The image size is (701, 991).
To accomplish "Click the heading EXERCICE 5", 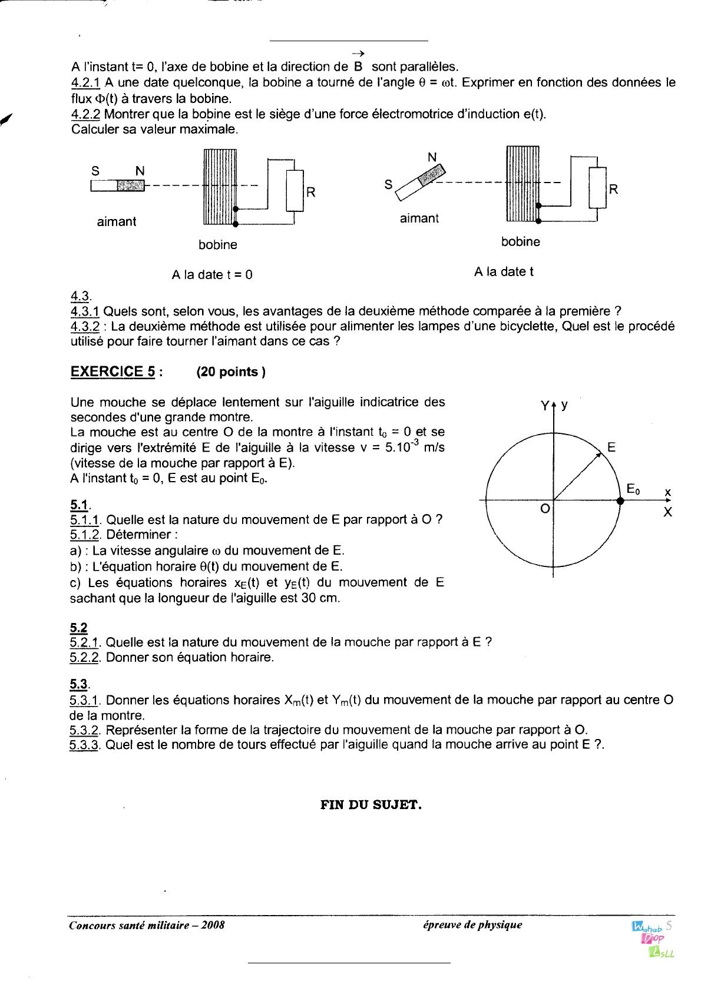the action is coord(113,372).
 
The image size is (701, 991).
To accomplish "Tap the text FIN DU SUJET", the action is coord(371,805).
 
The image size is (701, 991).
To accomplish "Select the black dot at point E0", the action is coord(620,501).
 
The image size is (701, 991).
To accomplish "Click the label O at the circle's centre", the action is coord(545,509).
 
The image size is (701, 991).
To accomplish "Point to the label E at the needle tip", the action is coord(611,448).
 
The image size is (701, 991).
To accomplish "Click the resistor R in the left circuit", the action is coord(295,191).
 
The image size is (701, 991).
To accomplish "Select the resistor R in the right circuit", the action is coord(597,188).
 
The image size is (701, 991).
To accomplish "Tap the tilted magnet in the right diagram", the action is coord(420,183).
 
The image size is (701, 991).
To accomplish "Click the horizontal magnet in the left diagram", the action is coord(118,185).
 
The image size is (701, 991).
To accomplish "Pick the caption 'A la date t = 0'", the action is coord(212,275).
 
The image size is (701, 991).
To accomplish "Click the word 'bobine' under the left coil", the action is coord(218,244).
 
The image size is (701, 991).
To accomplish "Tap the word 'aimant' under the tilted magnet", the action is coord(419,218).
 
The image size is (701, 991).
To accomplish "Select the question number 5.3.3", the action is coord(84,745).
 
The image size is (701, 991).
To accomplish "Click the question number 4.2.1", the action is coord(85,82).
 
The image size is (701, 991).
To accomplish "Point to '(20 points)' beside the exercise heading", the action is coord(231,372).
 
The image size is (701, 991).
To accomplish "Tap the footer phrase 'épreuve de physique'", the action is coord(472,924).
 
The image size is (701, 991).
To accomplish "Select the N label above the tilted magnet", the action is coord(432,157).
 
